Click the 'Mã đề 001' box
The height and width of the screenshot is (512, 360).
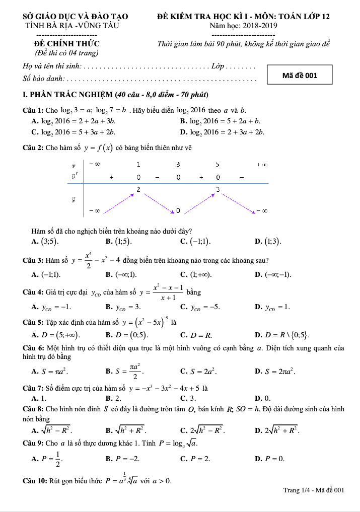click(300, 76)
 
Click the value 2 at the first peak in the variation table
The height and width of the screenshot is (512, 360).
click(138, 188)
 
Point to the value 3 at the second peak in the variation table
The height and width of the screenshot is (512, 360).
click(218, 189)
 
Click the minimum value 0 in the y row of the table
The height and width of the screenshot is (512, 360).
click(178, 210)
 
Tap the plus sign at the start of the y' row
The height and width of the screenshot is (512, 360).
click(111, 177)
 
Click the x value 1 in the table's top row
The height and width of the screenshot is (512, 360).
click(138, 164)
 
